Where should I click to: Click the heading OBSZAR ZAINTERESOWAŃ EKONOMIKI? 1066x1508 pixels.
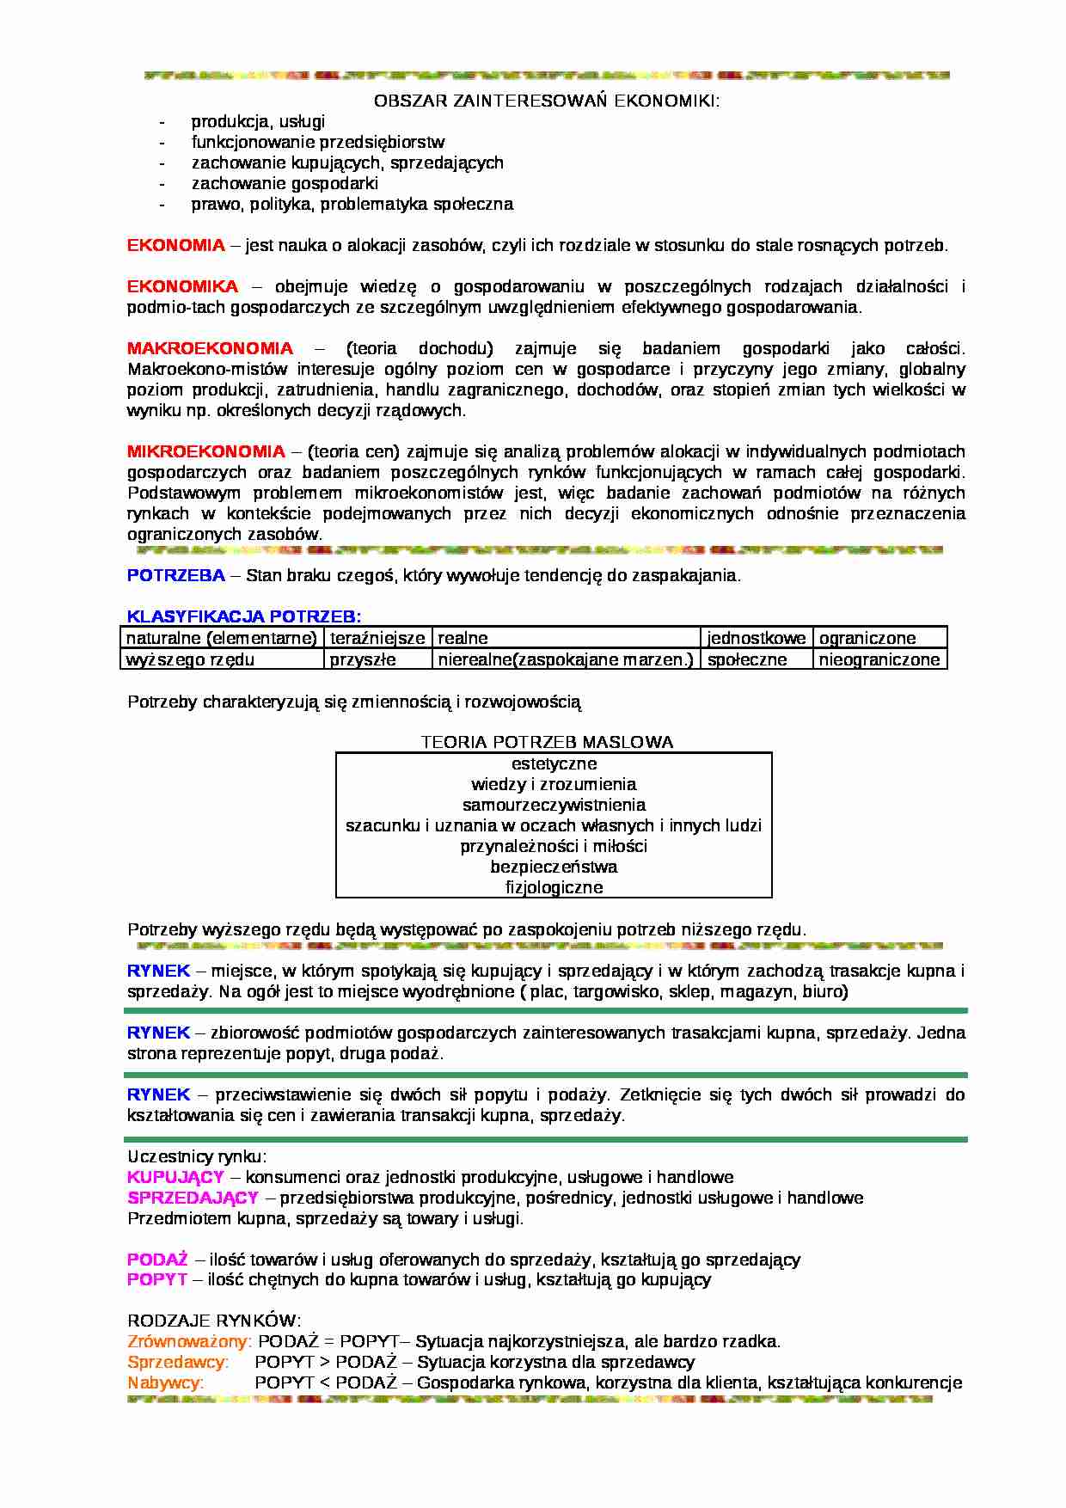click(546, 101)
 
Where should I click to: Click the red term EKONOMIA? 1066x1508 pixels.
click(175, 246)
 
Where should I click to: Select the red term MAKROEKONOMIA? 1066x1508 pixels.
click(210, 349)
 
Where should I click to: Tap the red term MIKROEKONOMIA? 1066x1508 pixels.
click(205, 452)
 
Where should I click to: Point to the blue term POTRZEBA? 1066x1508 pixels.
click(175, 576)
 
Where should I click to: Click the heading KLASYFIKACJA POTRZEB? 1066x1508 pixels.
click(243, 616)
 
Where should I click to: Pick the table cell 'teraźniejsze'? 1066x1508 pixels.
click(377, 638)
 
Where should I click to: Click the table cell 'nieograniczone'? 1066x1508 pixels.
click(879, 659)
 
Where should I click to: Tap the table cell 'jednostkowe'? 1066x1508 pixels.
click(756, 638)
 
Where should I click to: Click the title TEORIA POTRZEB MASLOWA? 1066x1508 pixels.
click(547, 742)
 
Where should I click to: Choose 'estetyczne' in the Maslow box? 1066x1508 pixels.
click(554, 763)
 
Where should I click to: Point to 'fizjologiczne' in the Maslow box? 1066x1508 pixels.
click(554, 887)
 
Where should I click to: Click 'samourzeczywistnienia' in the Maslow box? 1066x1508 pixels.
click(554, 805)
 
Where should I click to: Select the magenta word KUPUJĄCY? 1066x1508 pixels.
click(175, 1177)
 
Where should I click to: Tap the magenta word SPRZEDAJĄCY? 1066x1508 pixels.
click(193, 1198)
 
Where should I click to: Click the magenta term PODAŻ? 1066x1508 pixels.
click(157, 1260)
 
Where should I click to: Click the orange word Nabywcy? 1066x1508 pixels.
click(165, 1382)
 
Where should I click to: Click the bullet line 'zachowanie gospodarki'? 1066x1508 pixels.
click(285, 184)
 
